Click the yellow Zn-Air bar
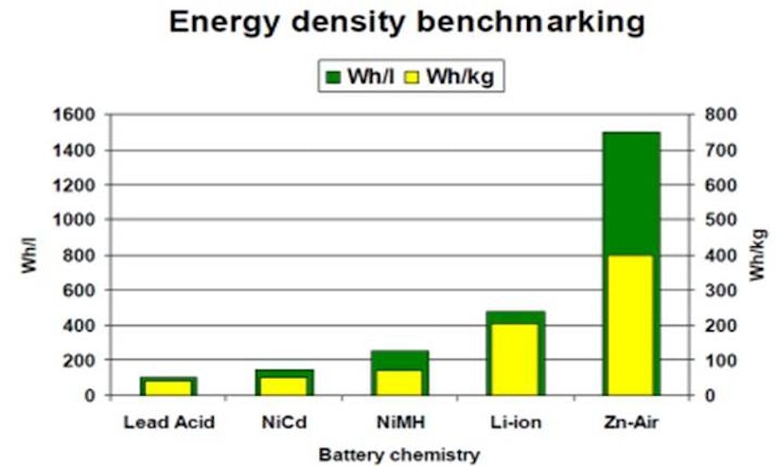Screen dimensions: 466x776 [x=631, y=324]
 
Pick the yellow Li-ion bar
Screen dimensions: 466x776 [x=516, y=358]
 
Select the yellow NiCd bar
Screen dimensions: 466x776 [x=284, y=385]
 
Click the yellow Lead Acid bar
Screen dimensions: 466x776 [x=168, y=387]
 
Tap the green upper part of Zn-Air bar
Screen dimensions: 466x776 [x=631, y=193]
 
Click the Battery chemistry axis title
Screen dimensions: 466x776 [x=398, y=454]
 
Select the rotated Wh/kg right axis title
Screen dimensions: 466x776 [x=756, y=256]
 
